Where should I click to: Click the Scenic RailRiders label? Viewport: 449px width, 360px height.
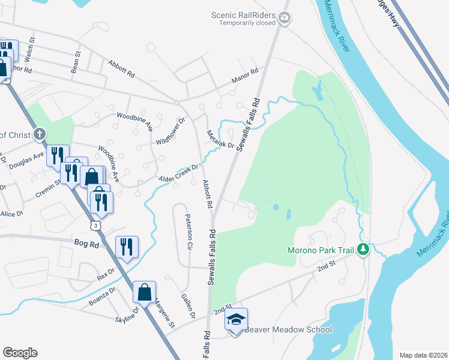[244, 15]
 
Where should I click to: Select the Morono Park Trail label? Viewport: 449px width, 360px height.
[322, 249]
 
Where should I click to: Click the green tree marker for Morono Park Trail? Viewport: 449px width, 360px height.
[363, 249]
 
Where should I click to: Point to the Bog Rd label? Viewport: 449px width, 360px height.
[86, 244]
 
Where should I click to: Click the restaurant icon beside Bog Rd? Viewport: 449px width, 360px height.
[127, 246]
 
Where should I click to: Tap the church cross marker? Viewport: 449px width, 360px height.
[40, 134]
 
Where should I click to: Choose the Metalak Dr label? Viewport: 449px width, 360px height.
[220, 141]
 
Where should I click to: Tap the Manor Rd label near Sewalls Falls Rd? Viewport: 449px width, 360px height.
[244, 76]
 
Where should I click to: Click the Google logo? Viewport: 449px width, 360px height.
[20, 353]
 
